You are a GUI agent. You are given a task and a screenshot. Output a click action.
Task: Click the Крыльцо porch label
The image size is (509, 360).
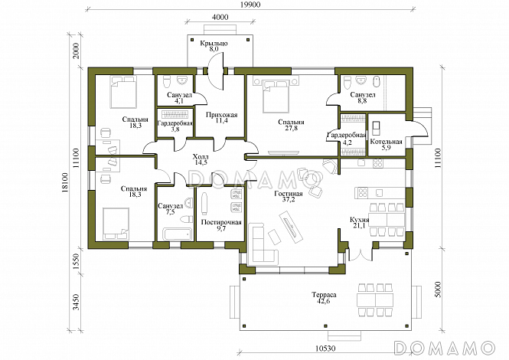click(214, 43)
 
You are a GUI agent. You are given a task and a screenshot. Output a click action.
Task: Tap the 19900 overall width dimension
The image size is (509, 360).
click(250, 5)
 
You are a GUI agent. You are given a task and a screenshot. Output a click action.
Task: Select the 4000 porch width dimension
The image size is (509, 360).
click(220, 17)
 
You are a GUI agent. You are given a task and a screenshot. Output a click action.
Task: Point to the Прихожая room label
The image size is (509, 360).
click(222, 115)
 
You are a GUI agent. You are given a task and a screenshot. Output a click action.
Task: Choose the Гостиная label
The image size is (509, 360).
click(289, 194)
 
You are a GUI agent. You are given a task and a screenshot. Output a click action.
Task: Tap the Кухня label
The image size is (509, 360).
click(359, 220)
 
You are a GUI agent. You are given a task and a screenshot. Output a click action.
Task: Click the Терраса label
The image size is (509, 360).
click(324, 295)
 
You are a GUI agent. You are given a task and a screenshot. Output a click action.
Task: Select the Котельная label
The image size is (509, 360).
click(387, 142)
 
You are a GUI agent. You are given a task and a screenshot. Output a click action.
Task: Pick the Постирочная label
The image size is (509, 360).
click(221, 222)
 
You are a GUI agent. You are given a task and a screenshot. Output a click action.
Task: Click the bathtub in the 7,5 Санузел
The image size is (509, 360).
click(177, 234)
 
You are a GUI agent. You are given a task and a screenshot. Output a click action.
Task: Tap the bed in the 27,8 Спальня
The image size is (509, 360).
click(276, 95)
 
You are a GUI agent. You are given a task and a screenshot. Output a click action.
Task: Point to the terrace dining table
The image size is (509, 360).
click(375, 299)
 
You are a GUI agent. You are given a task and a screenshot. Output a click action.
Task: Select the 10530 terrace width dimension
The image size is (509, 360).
click(325, 349)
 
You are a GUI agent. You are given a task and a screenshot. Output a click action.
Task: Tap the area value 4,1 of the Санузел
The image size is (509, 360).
click(179, 100)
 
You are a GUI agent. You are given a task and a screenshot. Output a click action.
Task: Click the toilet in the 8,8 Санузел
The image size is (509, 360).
click(347, 82)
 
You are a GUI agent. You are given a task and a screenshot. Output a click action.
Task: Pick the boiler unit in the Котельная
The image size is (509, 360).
click(376, 129)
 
